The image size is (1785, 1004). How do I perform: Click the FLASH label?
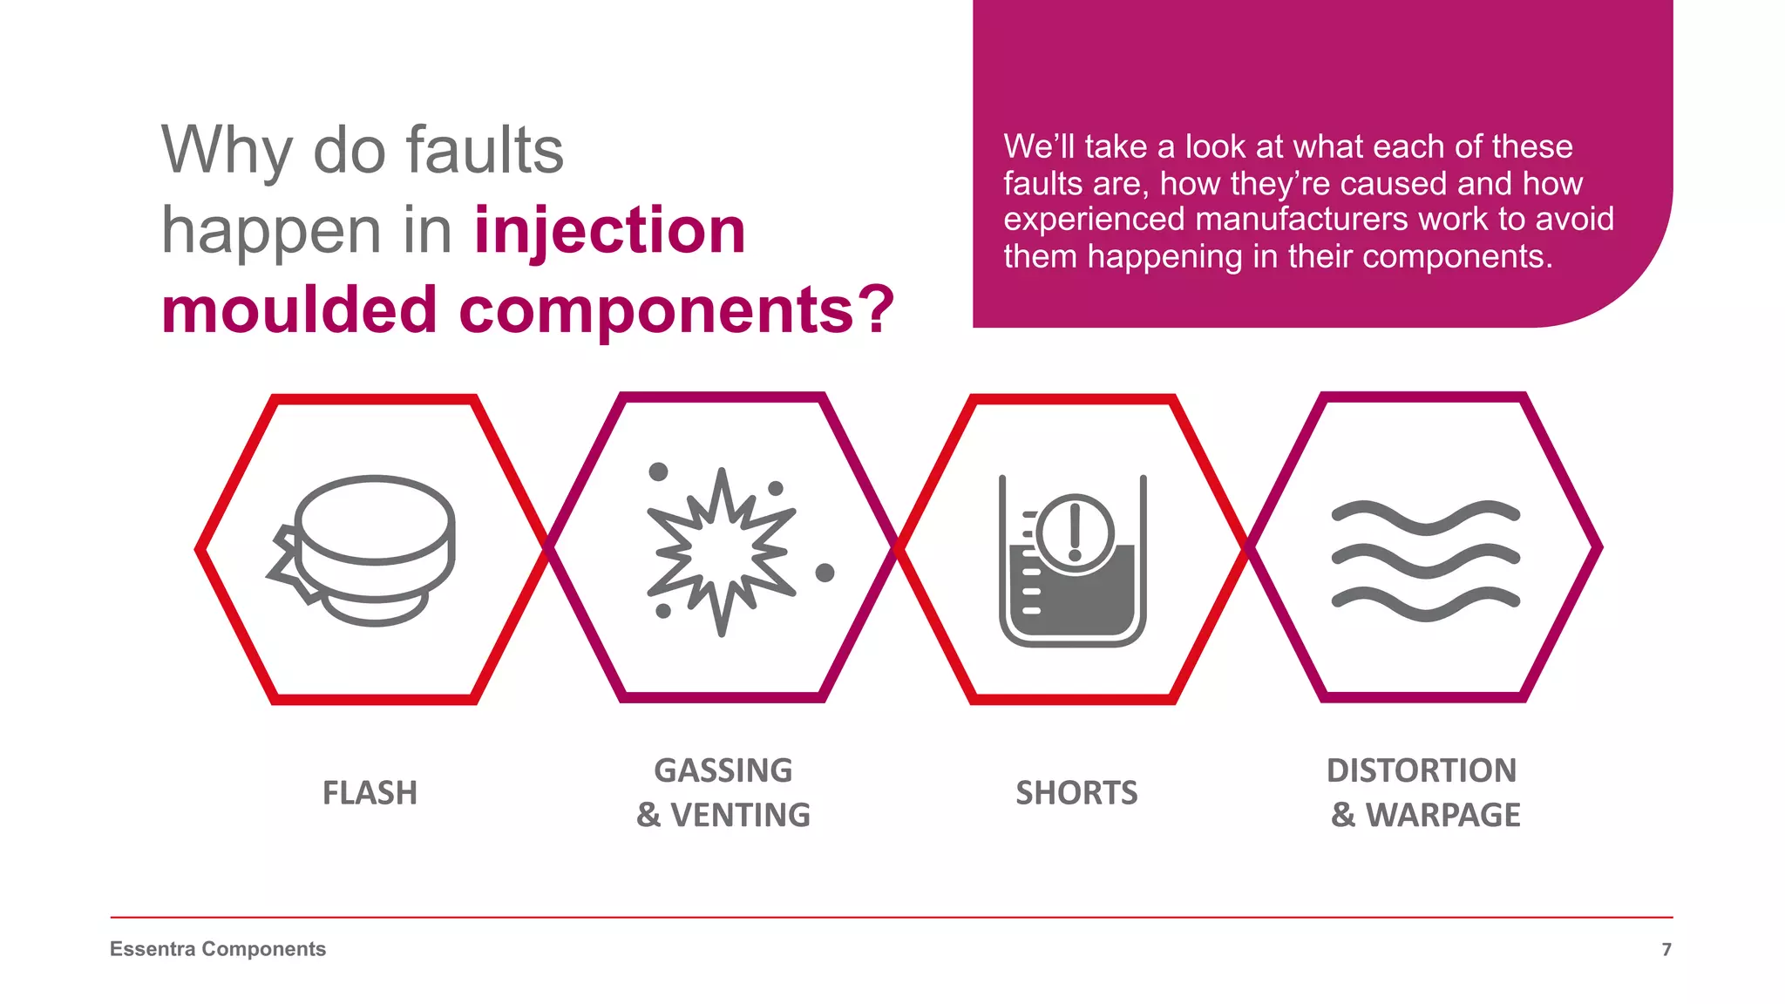click(x=370, y=793)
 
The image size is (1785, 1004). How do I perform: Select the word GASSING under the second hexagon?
click(x=723, y=770)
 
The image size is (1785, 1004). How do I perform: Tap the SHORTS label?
click(x=1076, y=793)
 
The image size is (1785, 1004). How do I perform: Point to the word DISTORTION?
click(x=1422, y=770)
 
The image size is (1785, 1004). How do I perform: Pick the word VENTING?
click(x=740, y=815)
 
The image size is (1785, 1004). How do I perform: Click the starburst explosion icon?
click(x=721, y=552)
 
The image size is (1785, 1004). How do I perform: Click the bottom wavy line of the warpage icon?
click(x=1426, y=604)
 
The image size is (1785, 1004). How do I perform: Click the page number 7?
click(x=1666, y=949)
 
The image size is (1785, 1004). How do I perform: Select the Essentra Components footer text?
click(x=218, y=949)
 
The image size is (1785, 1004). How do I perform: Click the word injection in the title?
click(x=610, y=231)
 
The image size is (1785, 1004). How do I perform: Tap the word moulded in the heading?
click(x=299, y=310)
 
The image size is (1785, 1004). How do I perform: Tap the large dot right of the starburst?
click(x=825, y=573)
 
